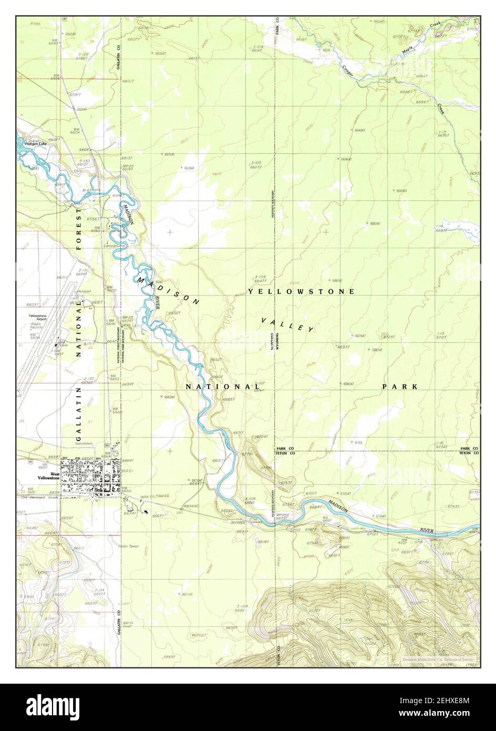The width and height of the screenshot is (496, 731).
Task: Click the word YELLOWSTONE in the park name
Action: pos(301,291)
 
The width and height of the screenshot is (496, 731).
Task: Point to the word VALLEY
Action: pos(288,324)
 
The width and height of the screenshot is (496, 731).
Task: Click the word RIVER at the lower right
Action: pos(427,531)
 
